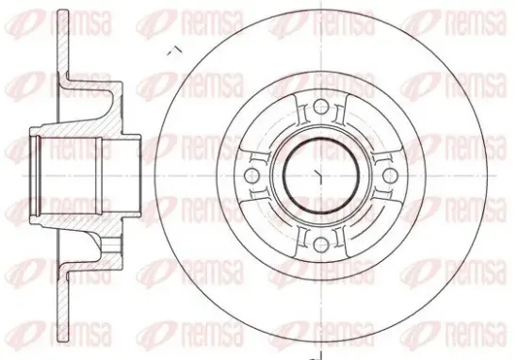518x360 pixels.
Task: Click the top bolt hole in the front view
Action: pos(320,106)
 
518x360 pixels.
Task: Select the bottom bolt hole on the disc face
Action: pos(320,245)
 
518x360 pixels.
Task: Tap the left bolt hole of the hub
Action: pos(251,175)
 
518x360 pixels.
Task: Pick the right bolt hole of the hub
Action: pos(390,175)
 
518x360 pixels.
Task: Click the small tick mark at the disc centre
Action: pos(319,175)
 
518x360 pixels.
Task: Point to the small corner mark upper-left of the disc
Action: pos(175,50)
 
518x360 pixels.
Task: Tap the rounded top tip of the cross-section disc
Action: pos(63,12)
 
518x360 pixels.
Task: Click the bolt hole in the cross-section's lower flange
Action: pos(110,245)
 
